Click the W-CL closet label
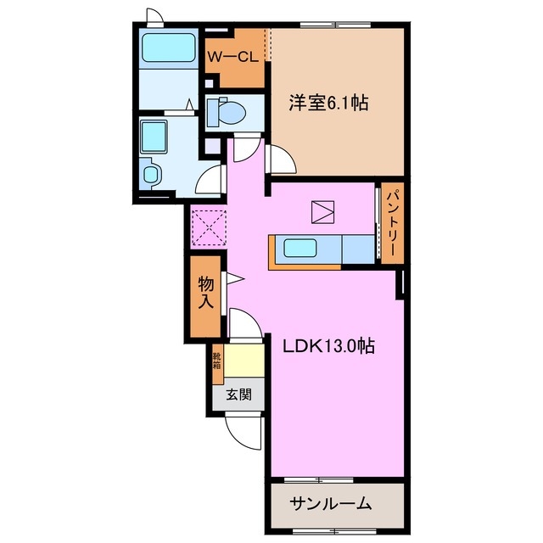[233, 58]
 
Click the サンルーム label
[331, 504]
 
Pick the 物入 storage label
[205, 292]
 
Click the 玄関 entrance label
[238, 394]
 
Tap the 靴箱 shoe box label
[216, 361]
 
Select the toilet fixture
[227, 110]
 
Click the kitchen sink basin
[300, 249]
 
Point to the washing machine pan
[155, 137]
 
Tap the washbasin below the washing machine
[151, 175]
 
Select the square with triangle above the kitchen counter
[323, 210]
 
